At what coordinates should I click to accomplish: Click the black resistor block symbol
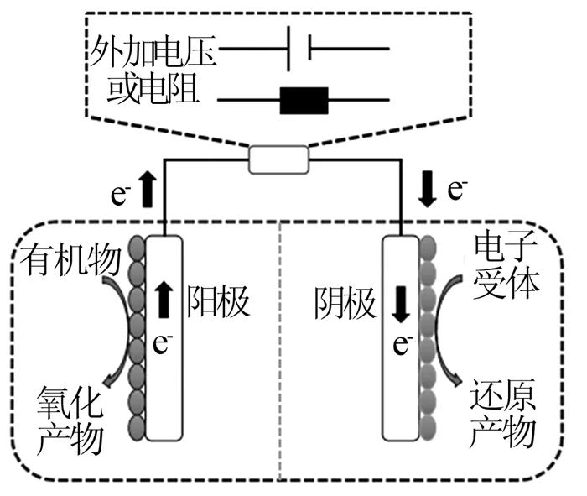304,101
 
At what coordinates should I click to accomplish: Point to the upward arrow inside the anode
164,299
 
